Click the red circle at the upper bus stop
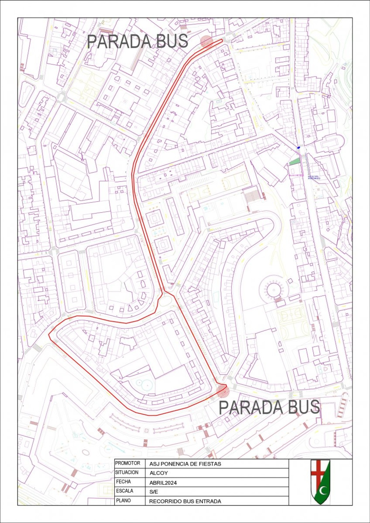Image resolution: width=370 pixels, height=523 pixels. tap(206, 41)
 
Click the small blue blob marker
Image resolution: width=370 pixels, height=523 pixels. tap(298, 148)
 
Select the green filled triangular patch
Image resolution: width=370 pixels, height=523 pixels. tap(295, 161)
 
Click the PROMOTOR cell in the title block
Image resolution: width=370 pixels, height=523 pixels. tap(128, 463)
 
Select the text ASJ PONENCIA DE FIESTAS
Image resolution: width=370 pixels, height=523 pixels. tap(185, 464)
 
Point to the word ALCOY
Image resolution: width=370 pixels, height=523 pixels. tap(158, 473)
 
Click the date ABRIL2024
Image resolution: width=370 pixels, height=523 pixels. tap(163, 483)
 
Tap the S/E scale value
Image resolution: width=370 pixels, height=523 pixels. tap(154, 492)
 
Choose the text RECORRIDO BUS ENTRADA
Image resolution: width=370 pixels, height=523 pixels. tap(185, 501)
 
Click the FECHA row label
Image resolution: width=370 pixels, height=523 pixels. tap(123, 482)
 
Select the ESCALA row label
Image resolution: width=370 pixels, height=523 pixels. tap(125, 491)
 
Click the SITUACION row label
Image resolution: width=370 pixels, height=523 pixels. tap(127, 472)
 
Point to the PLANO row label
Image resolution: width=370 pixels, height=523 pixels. tap(123, 501)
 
